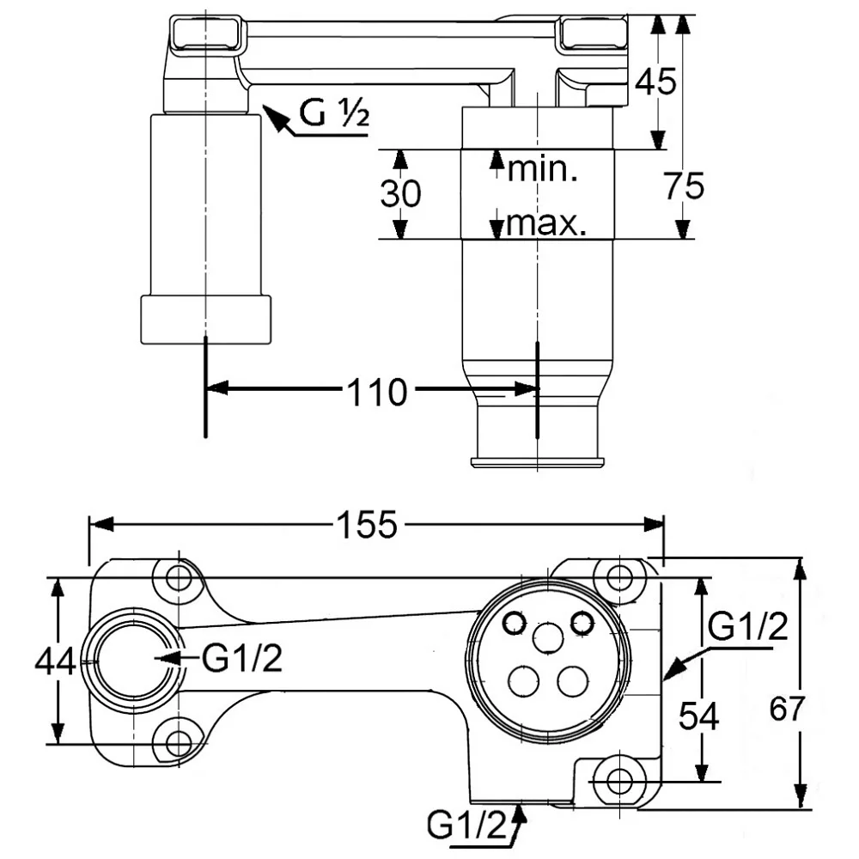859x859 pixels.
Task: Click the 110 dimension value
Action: (x=375, y=393)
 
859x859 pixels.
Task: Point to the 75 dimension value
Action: (x=684, y=186)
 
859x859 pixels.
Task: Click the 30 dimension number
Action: (x=400, y=194)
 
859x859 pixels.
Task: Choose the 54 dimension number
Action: (x=699, y=715)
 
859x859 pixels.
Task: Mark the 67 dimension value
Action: (x=787, y=710)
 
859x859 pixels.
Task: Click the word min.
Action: (x=542, y=168)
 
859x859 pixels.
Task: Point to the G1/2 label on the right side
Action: (x=748, y=628)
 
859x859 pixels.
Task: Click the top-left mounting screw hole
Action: (x=179, y=576)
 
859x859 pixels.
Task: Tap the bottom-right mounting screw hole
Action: (x=618, y=782)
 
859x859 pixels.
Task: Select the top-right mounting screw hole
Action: (x=618, y=576)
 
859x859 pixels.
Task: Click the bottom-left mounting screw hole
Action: (x=179, y=742)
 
